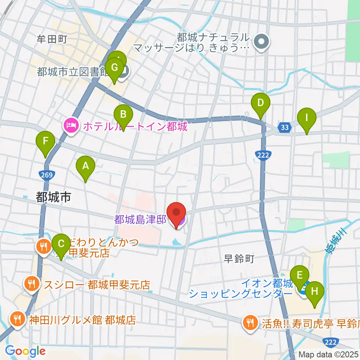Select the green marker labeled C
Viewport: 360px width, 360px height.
point(61,244)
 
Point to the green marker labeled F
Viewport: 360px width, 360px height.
point(45,142)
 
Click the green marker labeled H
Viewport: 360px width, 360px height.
point(315,292)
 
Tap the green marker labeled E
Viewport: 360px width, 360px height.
point(299,276)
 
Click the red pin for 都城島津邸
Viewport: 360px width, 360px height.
point(176,213)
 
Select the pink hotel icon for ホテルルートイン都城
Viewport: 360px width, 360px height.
point(71,125)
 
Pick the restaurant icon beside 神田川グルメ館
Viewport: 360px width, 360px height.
point(17,319)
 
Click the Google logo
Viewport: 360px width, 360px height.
point(25,351)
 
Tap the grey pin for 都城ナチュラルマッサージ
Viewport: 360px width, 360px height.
point(262,42)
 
